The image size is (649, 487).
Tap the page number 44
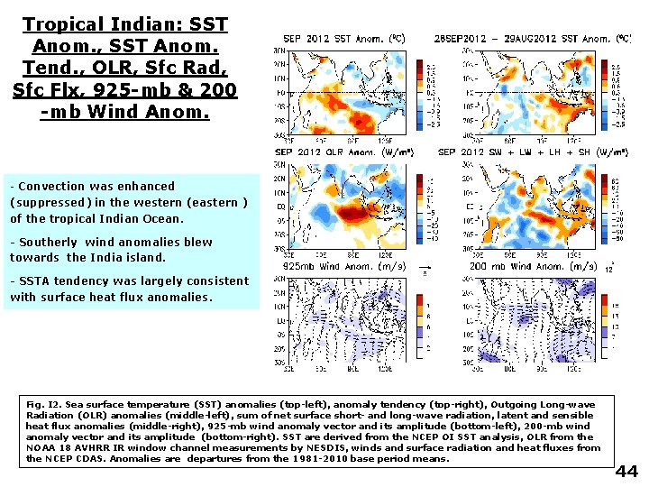click(626, 472)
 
